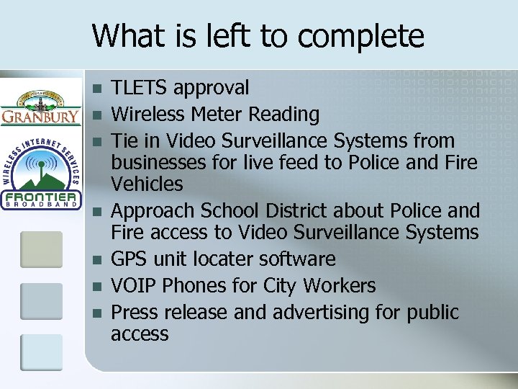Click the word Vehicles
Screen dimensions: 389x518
tap(147, 184)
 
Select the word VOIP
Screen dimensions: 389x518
tap(135, 286)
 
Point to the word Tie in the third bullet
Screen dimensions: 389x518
tap(125, 140)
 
